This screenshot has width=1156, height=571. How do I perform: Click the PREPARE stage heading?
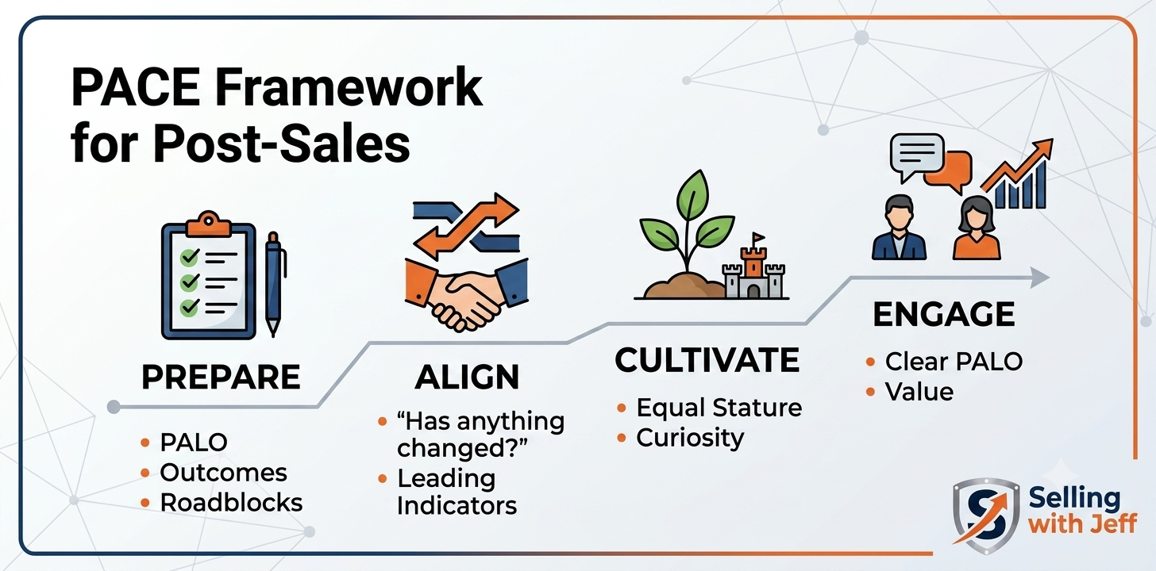click(x=221, y=377)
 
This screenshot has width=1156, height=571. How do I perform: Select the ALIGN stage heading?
click(x=467, y=377)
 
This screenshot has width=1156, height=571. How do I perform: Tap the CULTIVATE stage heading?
click(x=707, y=360)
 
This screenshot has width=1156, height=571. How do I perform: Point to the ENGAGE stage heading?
click(x=944, y=314)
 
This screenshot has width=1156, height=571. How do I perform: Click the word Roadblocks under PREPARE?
click(x=231, y=503)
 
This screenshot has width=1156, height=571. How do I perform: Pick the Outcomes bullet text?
click(x=223, y=473)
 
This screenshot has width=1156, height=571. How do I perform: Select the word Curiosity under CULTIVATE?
click(x=690, y=439)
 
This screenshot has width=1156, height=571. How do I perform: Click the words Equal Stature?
click(x=719, y=408)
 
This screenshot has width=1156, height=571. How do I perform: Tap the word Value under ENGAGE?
click(x=919, y=392)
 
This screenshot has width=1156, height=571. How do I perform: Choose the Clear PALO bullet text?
click(x=954, y=362)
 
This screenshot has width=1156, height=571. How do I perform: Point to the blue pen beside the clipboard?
click(x=275, y=284)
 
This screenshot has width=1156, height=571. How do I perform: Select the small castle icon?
click(x=753, y=268)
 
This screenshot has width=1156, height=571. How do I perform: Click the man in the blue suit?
click(x=899, y=228)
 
